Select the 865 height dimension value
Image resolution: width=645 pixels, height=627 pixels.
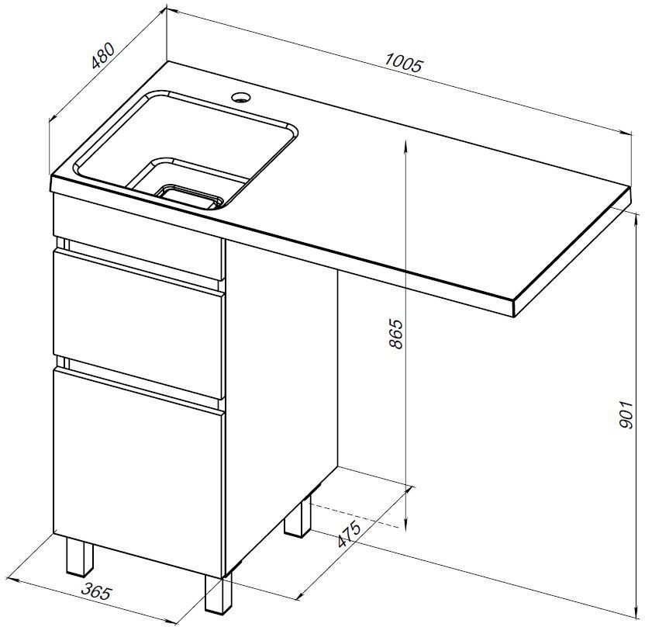[395, 334]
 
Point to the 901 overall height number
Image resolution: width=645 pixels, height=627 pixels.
[624, 414]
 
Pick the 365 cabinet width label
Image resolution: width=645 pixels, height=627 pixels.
[96, 592]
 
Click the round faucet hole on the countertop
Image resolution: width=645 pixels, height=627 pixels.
[240, 97]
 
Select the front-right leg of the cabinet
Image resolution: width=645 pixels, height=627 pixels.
[218, 592]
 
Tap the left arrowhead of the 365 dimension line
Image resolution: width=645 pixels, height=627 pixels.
[15, 580]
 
